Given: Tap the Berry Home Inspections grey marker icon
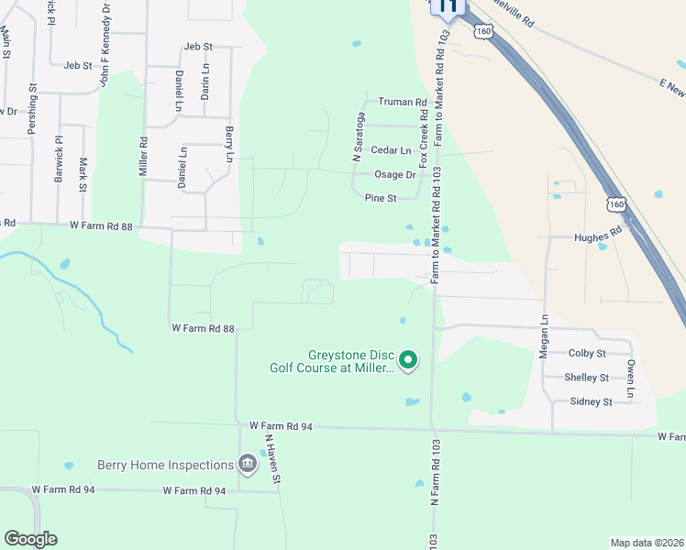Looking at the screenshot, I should (247, 465).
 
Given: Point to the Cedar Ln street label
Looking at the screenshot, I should (391, 150).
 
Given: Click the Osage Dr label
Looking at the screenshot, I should (395, 174).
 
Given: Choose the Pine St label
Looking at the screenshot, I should (380, 198).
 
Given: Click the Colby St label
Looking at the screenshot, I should (587, 353).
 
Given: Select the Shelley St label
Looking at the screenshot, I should (587, 378).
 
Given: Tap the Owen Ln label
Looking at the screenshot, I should (631, 379).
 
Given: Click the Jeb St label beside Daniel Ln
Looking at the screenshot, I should (198, 47).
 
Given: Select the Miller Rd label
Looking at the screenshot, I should (143, 157).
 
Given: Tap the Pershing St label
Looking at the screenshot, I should (32, 110).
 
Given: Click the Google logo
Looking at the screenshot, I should (30, 539).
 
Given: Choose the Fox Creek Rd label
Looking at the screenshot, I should (424, 132).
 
